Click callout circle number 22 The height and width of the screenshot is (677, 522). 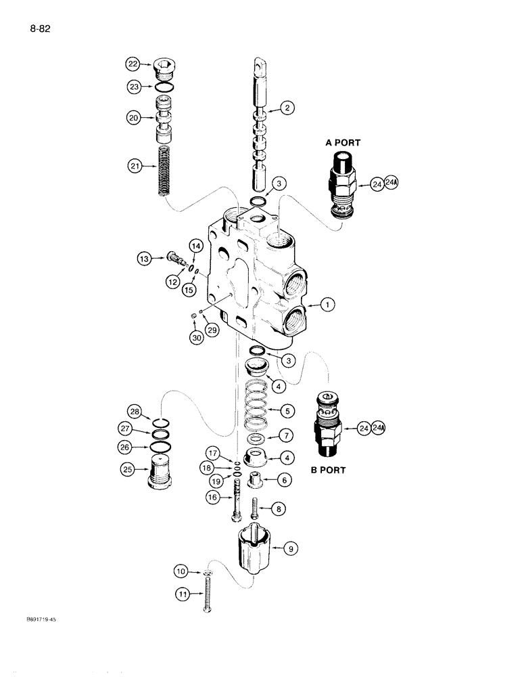132,64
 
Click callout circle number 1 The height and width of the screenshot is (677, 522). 327,306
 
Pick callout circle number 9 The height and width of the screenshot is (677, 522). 290,550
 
